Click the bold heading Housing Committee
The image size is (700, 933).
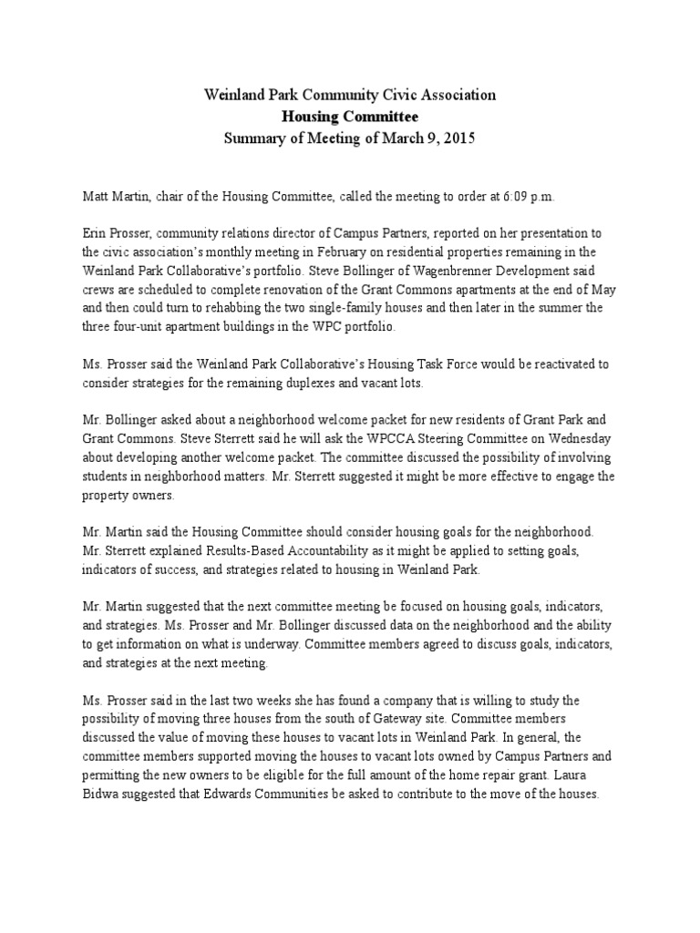click(x=350, y=117)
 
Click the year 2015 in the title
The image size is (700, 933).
click(x=458, y=138)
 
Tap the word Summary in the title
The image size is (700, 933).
click(x=253, y=138)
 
